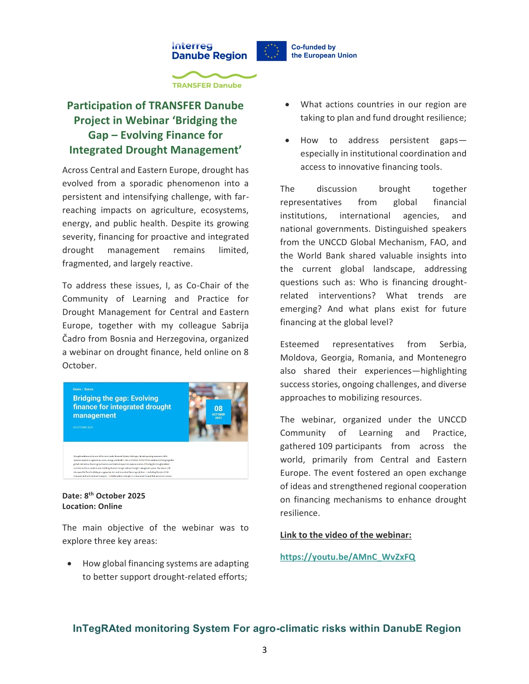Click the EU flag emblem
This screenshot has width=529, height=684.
[x=271, y=51]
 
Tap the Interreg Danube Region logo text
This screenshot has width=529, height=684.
[x=209, y=51]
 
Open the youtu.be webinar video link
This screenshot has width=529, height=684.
[x=347, y=557]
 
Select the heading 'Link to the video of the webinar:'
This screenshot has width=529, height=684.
[x=346, y=535]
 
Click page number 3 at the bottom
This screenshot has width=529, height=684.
[x=264, y=650]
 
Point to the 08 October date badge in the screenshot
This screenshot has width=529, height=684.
[x=218, y=412]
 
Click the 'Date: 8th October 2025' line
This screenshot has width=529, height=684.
[x=104, y=496]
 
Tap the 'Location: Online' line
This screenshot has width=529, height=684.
[x=92, y=507]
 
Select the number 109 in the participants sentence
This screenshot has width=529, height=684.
[x=325, y=446]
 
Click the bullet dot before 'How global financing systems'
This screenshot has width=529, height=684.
[x=70, y=564]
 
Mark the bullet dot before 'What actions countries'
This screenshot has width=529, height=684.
[x=287, y=105]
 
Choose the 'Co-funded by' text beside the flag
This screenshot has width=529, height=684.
[x=313, y=47]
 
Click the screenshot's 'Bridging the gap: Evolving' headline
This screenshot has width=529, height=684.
[x=115, y=399]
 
